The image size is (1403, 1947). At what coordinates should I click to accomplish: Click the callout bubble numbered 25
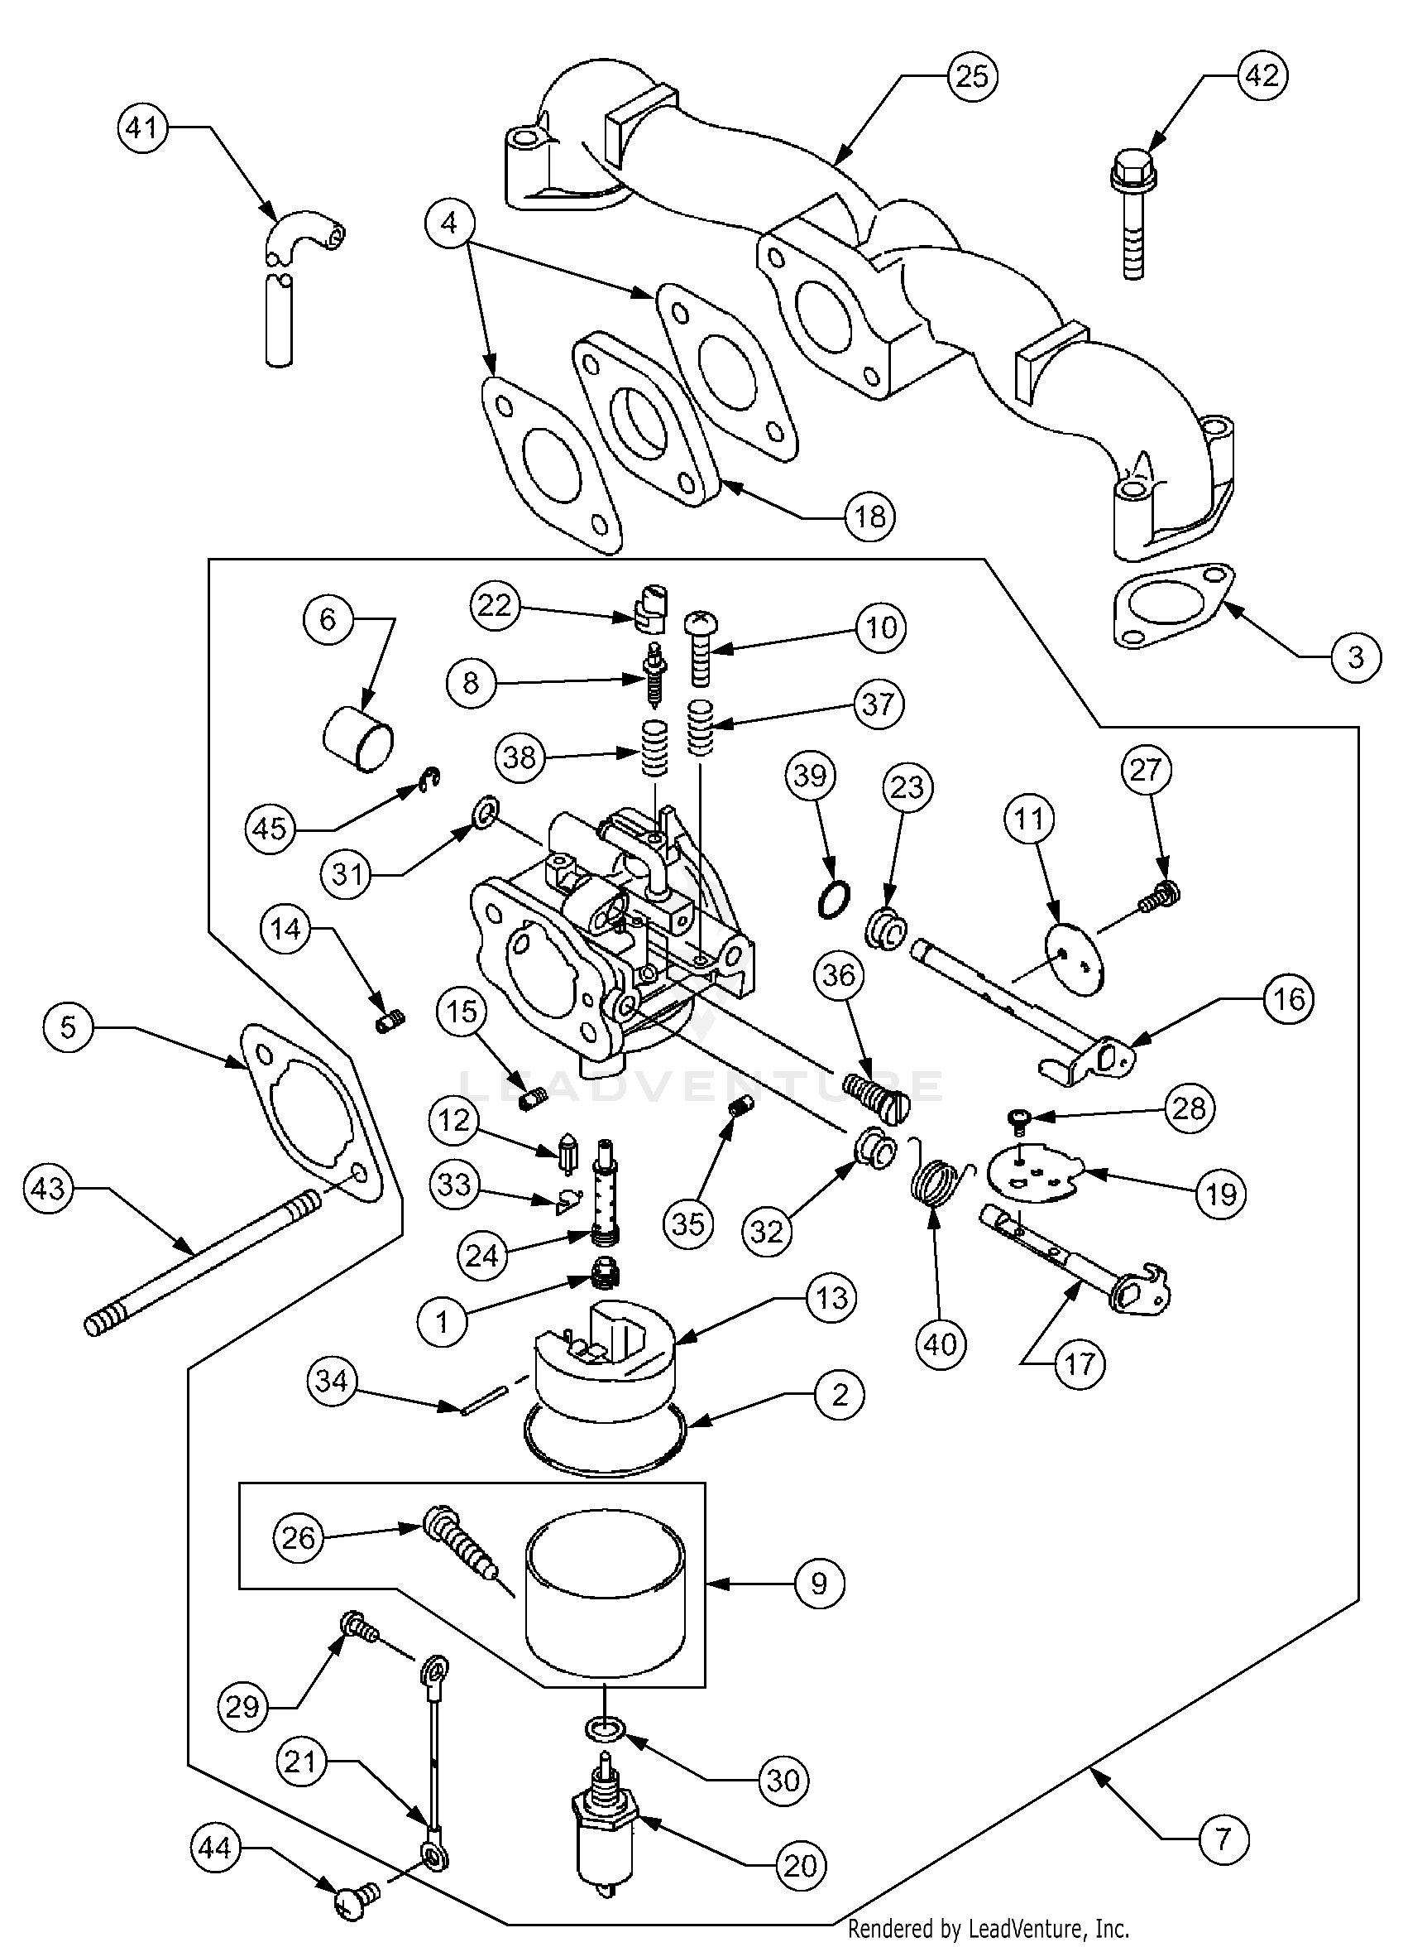click(972, 76)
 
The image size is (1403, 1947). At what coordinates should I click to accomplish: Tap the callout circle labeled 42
click(1262, 75)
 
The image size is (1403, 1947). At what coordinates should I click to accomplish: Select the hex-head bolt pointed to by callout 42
click(1133, 214)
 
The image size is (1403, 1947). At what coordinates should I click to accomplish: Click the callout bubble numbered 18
click(869, 517)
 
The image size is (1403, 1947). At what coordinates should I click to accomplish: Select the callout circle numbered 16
click(1289, 998)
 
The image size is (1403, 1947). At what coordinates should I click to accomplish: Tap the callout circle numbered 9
click(819, 1583)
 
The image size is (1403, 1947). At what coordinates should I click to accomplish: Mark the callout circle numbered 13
click(831, 1298)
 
